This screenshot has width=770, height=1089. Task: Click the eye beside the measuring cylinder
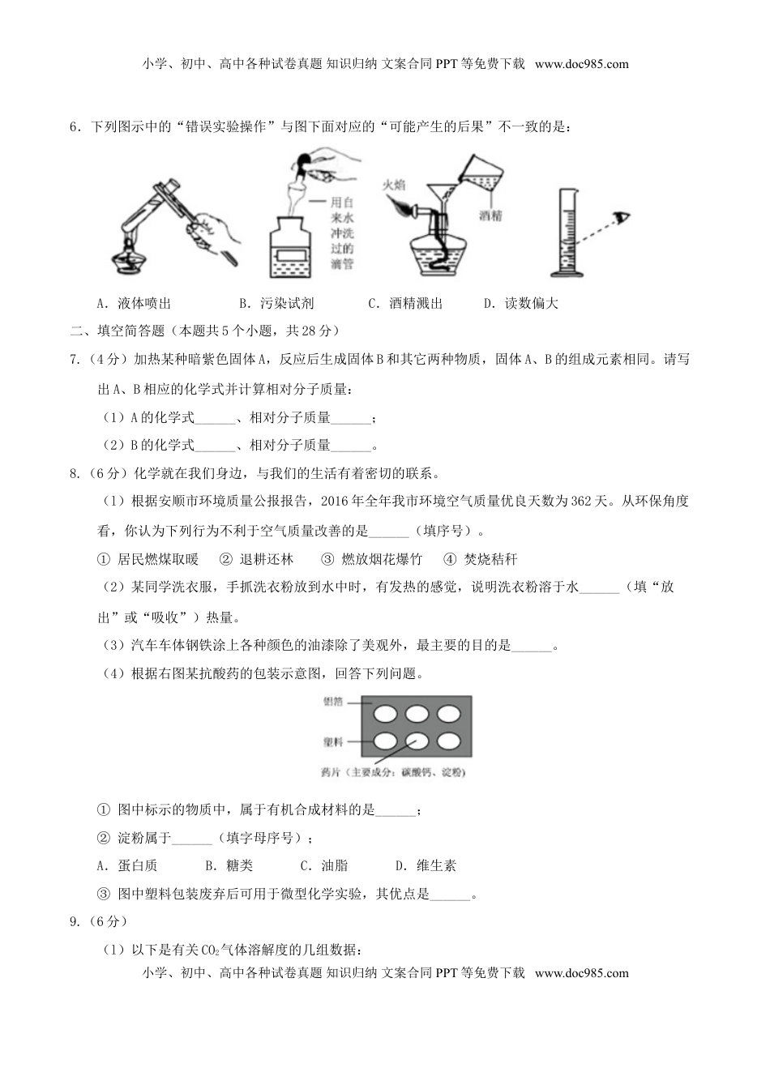point(621,217)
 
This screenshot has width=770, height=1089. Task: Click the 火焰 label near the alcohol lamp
point(394,184)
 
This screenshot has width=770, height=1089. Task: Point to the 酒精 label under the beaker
point(490,216)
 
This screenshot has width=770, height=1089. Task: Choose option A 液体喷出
point(134,304)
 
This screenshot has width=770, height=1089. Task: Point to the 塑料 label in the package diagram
point(333,741)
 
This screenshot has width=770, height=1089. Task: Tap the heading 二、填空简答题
point(118,331)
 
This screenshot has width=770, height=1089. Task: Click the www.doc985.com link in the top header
point(581,64)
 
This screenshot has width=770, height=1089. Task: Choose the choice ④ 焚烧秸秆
point(480,559)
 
